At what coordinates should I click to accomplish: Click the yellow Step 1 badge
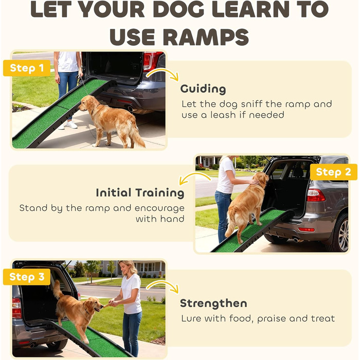coord(27,68)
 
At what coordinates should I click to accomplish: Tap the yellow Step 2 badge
coord(333,172)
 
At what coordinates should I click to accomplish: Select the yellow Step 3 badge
coord(27,277)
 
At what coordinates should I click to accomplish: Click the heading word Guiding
coord(203,89)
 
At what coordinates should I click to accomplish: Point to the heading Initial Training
coord(140,193)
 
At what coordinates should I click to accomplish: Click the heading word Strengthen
coord(213,303)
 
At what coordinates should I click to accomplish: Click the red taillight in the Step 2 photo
coord(316,195)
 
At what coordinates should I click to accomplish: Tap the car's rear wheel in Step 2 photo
coord(340,233)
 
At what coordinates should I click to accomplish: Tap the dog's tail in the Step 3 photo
coord(58,289)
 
